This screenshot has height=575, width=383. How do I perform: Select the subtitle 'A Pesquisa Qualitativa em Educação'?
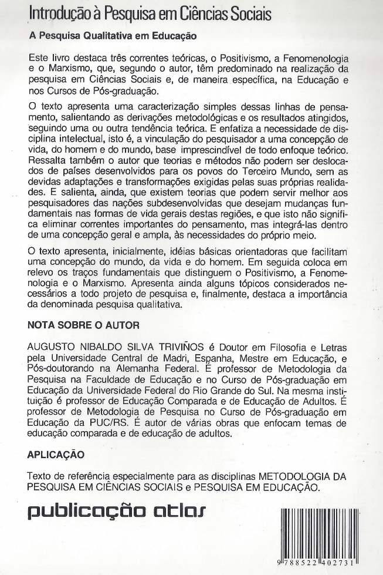tap(113, 35)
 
